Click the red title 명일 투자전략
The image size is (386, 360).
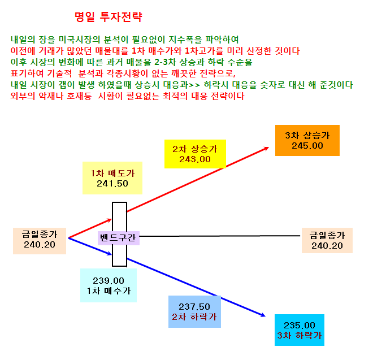[x=109, y=17]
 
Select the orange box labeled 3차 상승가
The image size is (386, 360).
[x=307, y=140]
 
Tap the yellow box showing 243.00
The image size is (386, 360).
[x=195, y=154]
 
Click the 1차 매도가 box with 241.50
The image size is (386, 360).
[x=112, y=178]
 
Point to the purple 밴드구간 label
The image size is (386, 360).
[x=119, y=238]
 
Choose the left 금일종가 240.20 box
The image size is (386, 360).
[x=40, y=241]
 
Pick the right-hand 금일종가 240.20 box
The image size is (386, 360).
[x=327, y=240]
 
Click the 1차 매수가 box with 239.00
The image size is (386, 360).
[x=109, y=285]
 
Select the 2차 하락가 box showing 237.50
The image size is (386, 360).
[x=194, y=311]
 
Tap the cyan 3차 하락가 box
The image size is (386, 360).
[x=300, y=330]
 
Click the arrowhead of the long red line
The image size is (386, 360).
[x=268, y=148]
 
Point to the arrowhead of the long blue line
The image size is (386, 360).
[x=265, y=316]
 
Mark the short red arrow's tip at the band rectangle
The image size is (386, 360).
[x=112, y=219]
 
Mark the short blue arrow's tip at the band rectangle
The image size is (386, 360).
[x=111, y=255]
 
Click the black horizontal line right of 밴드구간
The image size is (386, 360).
[x=220, y=236]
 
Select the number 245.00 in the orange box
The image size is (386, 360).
[x=307, y=146]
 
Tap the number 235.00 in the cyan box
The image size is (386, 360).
[x=300, y=326]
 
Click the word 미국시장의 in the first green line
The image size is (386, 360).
[x=79, y=40]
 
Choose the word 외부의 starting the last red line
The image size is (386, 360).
[x=23, y=96]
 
